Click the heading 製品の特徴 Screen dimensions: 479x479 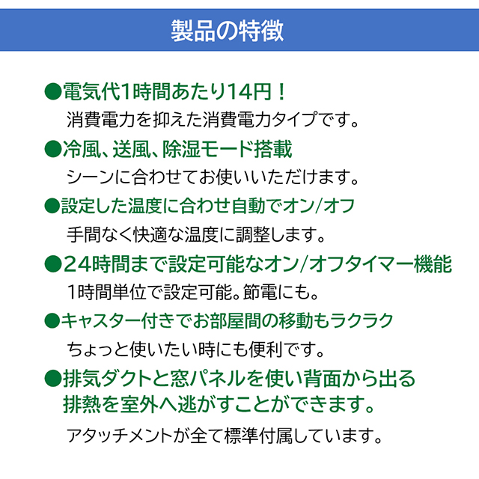click(227, 31)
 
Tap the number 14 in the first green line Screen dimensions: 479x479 click(241, 91)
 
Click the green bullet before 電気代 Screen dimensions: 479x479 click(53, 91)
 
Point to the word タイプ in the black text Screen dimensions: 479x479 click(294, 120)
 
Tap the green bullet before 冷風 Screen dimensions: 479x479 click(53, 149)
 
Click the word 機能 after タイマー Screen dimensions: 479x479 click(433, 264)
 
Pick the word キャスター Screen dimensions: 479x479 click(101, 321)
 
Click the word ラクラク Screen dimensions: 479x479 click(361, 321)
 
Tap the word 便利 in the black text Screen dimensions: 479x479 click(266, 350)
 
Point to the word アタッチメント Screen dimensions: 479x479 click(120, 436)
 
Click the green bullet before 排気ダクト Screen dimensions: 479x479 click(53, 379)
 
